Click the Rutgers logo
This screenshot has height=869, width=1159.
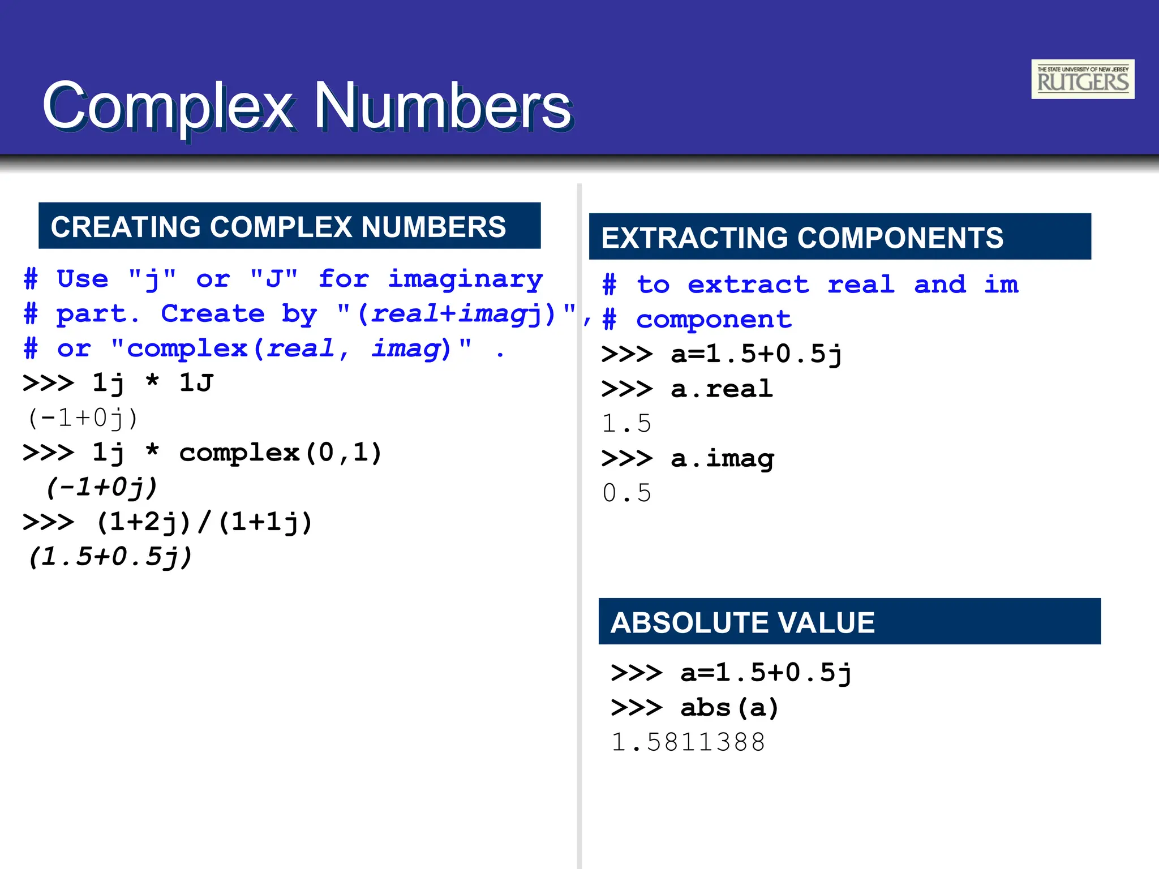[1082, 79]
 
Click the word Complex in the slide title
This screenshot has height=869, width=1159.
[169, 106]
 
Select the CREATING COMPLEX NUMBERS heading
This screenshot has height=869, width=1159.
[278, 226]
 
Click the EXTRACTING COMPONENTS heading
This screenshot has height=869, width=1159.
[802, 238]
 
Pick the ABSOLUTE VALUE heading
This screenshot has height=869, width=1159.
[742, 622]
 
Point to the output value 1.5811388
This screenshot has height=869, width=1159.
[688, 742]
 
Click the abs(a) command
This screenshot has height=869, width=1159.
[729, 708]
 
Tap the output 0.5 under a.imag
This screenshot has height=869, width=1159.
[627, 493]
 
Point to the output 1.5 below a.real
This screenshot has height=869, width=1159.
[627, 424]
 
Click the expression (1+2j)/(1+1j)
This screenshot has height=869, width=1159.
[204, 522]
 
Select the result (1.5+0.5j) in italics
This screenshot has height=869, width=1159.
[111, 557]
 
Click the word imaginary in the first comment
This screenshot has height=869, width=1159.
[465, 279]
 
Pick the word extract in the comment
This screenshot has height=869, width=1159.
[748, 285]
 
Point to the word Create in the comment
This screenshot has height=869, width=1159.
[213, 314]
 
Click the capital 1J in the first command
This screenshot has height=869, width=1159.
[196, 383]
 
